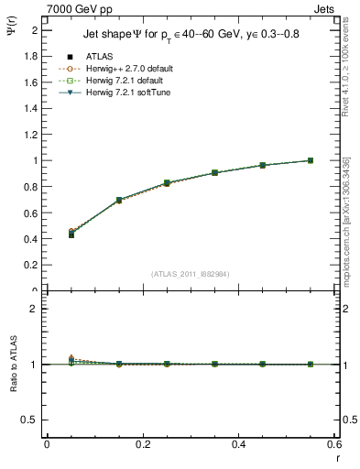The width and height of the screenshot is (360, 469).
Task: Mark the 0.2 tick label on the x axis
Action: click(142, 444)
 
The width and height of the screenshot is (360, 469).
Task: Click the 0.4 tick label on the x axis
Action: click(238, 444)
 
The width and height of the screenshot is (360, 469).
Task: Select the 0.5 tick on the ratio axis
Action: click(30, 420)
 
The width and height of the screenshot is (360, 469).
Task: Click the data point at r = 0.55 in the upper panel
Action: click(311, 160)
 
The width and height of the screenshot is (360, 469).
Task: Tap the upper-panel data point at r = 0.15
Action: click(119, 200)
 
